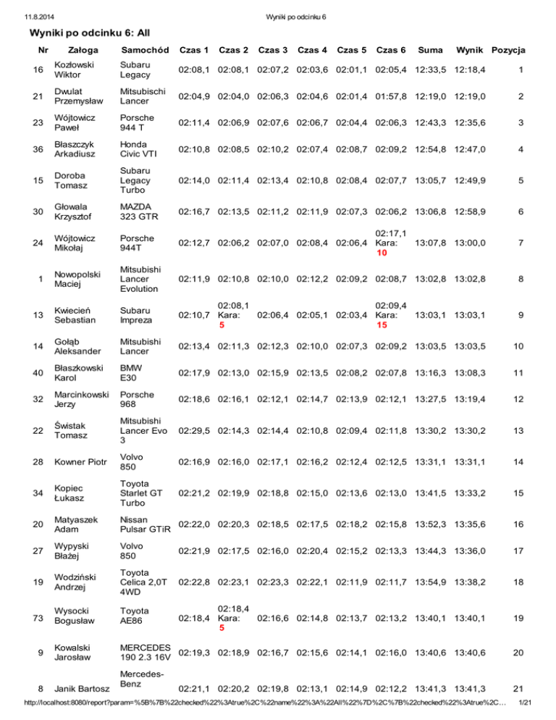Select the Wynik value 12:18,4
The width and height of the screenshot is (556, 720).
[x=469, y=70]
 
